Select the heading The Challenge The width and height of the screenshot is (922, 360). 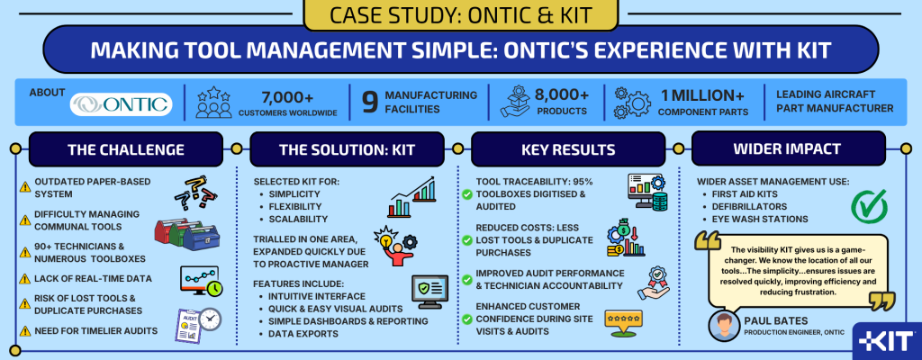(x=125, y=149)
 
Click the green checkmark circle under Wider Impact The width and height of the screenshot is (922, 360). (x=870, y=206)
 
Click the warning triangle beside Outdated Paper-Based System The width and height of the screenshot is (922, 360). (x=25, y=187)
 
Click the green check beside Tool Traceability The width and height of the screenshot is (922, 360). (x=467, y=194)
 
